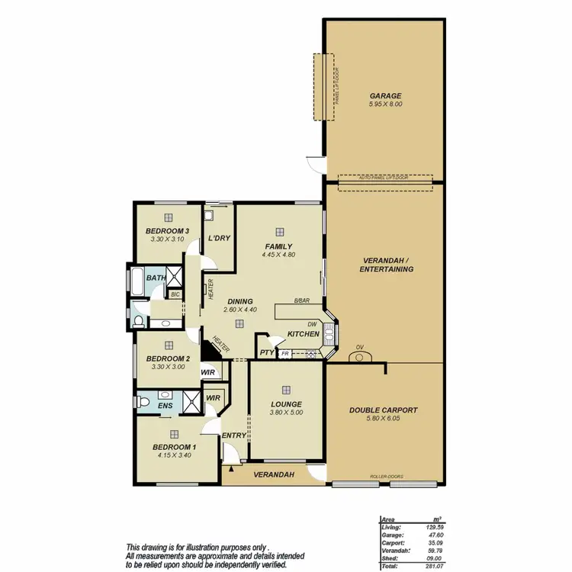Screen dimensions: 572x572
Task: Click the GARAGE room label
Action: tap(384, 95)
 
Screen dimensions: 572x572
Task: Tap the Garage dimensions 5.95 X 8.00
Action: tap(384, 104)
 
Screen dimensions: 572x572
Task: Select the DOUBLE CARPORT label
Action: tap(384, 410)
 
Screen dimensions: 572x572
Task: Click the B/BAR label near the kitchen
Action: tap(303, 300)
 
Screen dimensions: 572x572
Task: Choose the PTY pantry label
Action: tap(266, 353)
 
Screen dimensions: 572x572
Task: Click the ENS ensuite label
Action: tap(165, 406)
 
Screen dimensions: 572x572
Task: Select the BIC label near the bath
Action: tap(175, 294)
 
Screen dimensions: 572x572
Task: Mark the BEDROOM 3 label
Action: tap(168, 231)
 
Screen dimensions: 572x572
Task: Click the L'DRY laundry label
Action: tap(219, 239)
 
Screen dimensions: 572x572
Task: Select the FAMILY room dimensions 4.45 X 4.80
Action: tap(278, 255)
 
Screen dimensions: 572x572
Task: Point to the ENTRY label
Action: tap(233, 435)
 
